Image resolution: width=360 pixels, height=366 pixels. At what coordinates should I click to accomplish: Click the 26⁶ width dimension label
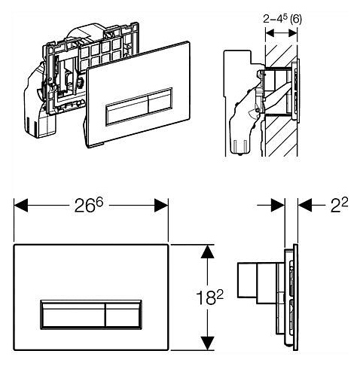point(89,206)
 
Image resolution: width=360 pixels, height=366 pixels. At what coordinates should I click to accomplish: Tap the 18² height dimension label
point(209,297)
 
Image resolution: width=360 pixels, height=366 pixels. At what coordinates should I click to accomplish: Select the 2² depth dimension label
point(339,205)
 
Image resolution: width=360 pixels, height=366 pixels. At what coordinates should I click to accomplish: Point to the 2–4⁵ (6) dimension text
point(282,20)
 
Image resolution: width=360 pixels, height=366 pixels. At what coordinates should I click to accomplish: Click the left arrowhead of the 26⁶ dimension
point(21,206)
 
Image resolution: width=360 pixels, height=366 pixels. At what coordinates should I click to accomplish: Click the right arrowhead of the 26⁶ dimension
point(161,206)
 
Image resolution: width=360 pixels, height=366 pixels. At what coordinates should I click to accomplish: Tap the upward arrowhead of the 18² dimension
point(207,252)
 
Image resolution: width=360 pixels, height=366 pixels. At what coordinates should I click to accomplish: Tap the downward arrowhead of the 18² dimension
point(207,343)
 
